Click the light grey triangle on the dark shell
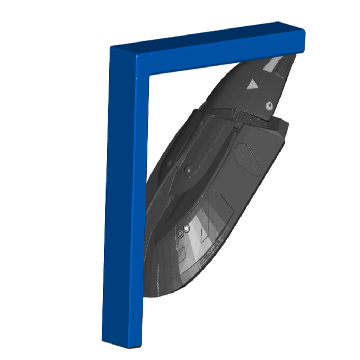coord(252,84)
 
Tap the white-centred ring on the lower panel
coord(187,229)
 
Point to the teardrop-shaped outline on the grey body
coord(248,158)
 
